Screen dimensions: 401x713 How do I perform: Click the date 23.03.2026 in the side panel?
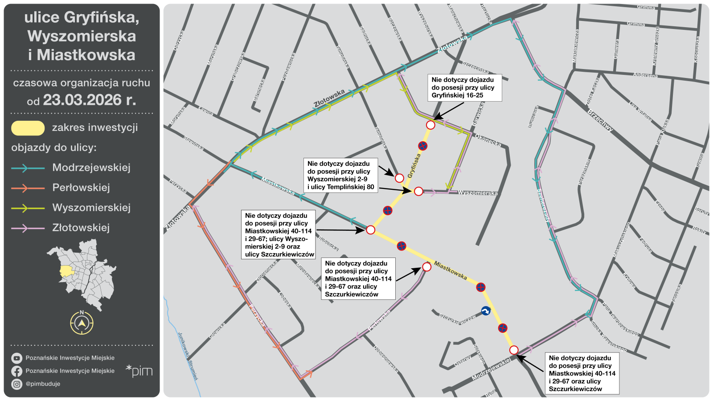(x=82, y=100)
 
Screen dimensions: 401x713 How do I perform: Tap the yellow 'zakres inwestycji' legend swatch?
(x=28, y=128)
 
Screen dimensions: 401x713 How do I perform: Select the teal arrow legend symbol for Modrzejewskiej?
(x=28, y=168)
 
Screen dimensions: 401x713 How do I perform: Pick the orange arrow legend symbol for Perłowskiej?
(x=28, y=188)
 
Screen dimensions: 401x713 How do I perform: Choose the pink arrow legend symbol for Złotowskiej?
(x=28, y=228)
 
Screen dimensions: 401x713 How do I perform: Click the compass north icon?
(x=82, y=322)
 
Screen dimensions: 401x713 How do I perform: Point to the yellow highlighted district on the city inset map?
(x=66, y=271)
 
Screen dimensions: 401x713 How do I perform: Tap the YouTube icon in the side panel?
(x=17, y=358)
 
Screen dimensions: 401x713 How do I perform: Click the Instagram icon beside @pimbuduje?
(x=17, y=384)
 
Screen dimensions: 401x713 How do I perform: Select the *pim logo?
(x=139, y=371)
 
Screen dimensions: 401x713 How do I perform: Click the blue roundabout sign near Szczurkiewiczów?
(x=486, y=311)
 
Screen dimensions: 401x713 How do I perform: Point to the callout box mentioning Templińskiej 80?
(x=340, y=175)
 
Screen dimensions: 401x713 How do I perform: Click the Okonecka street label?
(x=488, y=140)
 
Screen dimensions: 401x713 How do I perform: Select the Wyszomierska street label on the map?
(x=478, y=193)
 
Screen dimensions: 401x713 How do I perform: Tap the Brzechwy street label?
(x=600, y=120)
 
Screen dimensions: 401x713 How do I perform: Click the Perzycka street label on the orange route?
(x=257, y=316)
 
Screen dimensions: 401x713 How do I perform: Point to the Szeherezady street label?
(x=543, y=205)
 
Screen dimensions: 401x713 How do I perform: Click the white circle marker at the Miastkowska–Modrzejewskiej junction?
(x=514, y=350)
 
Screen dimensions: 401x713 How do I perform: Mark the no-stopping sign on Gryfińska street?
(x=423, y=146)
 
